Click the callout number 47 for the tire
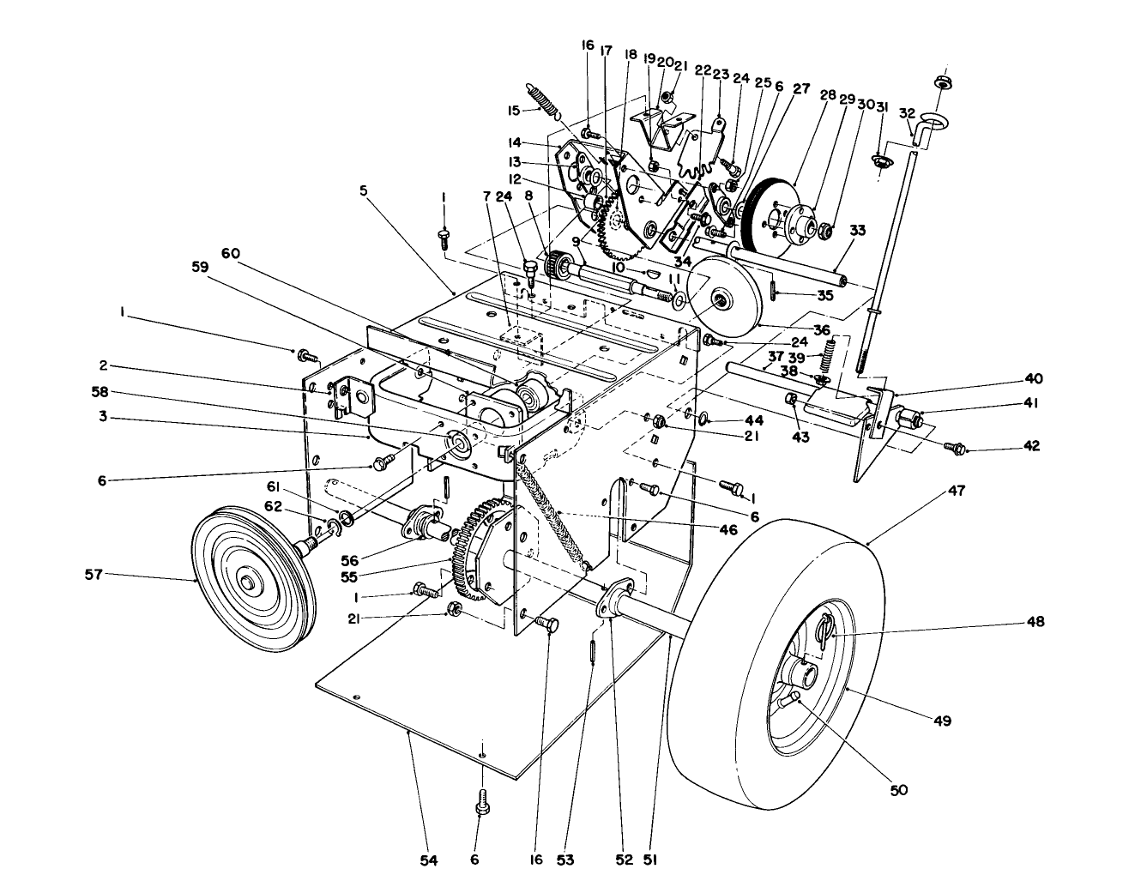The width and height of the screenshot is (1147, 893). (x=957, y=491)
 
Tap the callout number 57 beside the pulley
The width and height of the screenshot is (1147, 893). (x=93, y=574)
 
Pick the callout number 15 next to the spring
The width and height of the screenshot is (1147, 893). (x=512, y=110)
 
